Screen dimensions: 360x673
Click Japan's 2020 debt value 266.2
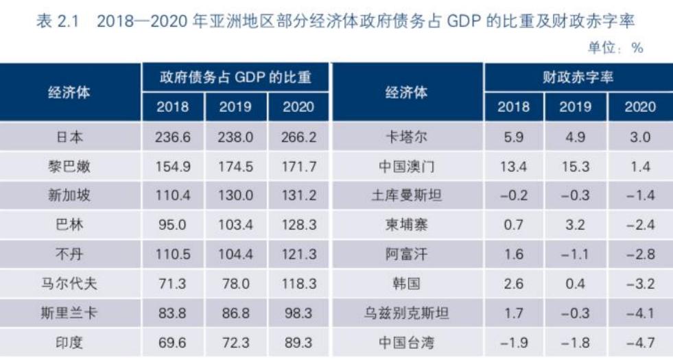tap(298, 137)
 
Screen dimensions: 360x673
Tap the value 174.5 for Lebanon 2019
tap(235, 167)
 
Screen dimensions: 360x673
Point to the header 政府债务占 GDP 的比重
tap(235, 77)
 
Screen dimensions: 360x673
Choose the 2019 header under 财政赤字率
tap(575, 106)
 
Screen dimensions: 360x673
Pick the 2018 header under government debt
tap(173, 106)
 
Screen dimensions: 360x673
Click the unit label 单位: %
tap(615, 47)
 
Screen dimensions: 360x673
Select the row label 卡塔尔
tap(406, 137)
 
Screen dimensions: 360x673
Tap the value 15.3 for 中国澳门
tap(575, 167)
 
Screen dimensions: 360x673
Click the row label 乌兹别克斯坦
tap(406, 313)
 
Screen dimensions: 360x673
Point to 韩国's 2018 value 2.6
tap(513, 283)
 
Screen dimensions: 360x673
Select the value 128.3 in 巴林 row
tap(298, 225)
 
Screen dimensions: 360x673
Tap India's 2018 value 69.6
tap(173, 341)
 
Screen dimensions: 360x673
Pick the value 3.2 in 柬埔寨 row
tap(575, 225)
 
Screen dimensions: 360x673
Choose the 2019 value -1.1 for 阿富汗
tap(575, 254)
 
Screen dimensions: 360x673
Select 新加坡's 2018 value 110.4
tap(173, 196)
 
